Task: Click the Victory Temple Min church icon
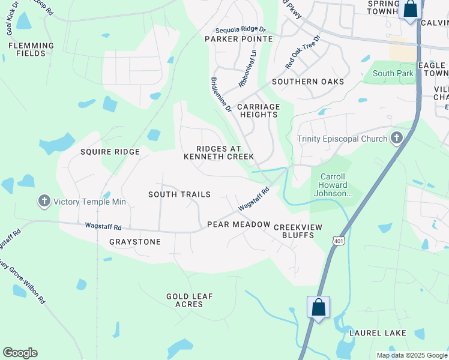click(44, 202)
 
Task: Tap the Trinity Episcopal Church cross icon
click(396, 139)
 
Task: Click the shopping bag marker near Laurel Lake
click(319, 308)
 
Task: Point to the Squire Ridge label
click(110, 152)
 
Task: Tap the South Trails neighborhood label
click(179, 194)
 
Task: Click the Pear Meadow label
click(239, 224)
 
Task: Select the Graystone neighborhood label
click(135, 242)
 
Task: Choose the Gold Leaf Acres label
click(190, 300)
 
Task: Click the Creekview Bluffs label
click(298, 231)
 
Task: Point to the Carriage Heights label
click(259, 110)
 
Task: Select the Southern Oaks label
click(308, 82)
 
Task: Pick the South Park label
click(393, 73)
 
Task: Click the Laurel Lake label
click(378, 333)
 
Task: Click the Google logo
click(20, 353)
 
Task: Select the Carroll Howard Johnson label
click(331, 185)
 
